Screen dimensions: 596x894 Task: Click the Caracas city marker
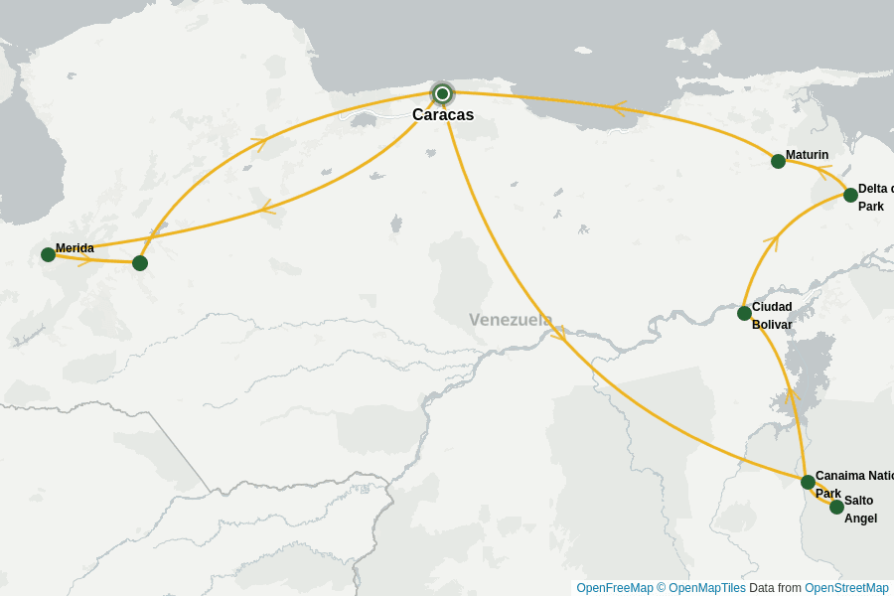(x=442, y=93)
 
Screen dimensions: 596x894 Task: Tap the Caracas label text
(x=443, y=115)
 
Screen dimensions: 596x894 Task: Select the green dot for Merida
(x=48, y=254)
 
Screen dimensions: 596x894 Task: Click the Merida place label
(x=74, y=248)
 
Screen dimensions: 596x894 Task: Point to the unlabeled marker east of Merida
(x=140, y=263)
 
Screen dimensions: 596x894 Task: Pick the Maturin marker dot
(x=778, y=161)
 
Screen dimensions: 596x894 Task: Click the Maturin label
(x=807, y=155)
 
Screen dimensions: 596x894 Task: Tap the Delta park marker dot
(x=850, y=195)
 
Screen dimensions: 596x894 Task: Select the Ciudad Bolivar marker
(x=744, y=313)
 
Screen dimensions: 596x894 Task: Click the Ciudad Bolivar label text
(x=772, y=316)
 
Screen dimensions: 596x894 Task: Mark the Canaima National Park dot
(x=808, y=482)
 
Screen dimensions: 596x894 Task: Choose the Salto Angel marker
(x=836, y=507)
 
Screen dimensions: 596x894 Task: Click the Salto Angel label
(x=860, y=509)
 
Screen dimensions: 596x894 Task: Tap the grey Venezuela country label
(x=511, y=320)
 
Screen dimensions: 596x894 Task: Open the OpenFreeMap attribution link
(x=614, y=588)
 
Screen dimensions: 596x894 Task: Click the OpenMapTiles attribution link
(x=706, y=588)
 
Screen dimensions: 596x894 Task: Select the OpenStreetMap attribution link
(x=846, y=588)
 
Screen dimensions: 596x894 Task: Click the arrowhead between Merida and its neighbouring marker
(x=85, y=260)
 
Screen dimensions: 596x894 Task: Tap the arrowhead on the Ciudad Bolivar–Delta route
(x=771, y=239)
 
